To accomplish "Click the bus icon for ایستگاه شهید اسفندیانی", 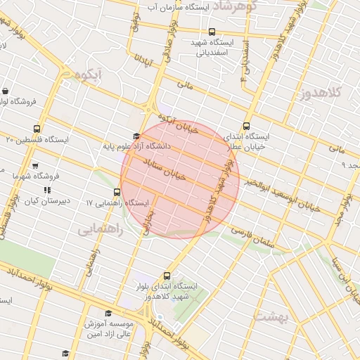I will pos(212,32).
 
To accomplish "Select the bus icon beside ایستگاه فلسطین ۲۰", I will pos(37,129).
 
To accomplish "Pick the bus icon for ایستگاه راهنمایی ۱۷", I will pos(117,192).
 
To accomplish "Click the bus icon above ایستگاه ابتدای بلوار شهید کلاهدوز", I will pos(167,276).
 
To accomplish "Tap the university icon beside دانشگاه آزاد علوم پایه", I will pos(136,136).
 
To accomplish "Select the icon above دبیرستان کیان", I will pos(46,190).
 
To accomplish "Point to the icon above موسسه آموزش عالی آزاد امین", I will pos(108,314).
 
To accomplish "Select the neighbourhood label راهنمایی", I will pos(100,229).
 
